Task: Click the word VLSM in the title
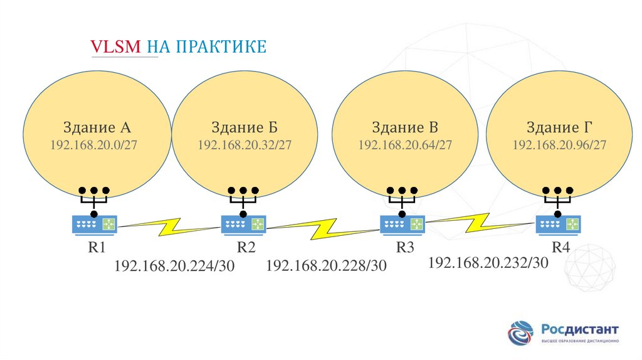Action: pyautogui.click(x=117, y=47)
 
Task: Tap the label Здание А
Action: pyautogui.click(x=97, y=127)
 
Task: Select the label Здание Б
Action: pyautogui.click(x=245, y=127)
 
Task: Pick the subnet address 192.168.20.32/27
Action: pyautogui.click(x=245, y=145)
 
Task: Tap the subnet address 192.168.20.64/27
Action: pyautogui.click(x=405, y=145)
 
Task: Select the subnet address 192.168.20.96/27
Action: pyautogui.click(x=559, y=145)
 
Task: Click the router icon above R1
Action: pyautogui.click(x=95, y=223)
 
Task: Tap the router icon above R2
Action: pyautogui.click(x=243, y=223)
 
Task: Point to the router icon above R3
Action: pyautogui.click(x=403, y=223)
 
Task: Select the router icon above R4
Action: pyautogui.click(x=557, y=223)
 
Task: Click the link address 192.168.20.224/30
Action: pyautogui.click(x=174, y=266)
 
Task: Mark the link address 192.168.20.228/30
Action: pyautogui.click(x=326, y=266)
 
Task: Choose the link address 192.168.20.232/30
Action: pyautogui.click(x=488, y=262)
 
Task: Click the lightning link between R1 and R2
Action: pyautogui.click(x=169, y=226)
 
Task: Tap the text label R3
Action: pyautogui.click(x=405, y=247)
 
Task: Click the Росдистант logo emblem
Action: pyautogui.click(x=522, y=333)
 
